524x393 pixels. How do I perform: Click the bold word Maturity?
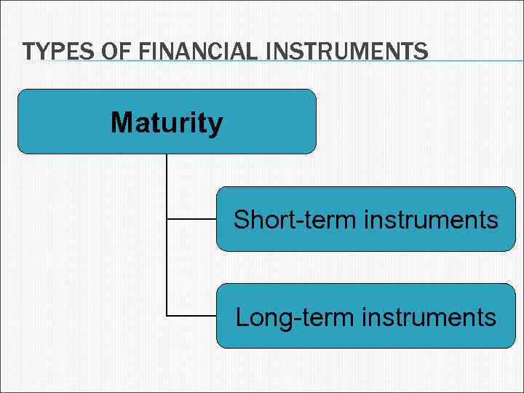[167, 122]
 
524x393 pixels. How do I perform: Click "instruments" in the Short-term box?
[431, 219]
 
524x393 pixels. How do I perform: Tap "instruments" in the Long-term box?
[429, 317]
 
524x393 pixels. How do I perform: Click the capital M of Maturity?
[122, 122]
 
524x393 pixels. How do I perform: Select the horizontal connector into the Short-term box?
[191, 218]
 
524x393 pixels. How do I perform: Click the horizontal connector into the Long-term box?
[191, 316]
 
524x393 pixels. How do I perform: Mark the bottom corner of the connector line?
[167, 316]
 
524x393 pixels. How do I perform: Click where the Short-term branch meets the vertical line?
[167, 218]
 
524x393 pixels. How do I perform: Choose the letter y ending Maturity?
[215, 125]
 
